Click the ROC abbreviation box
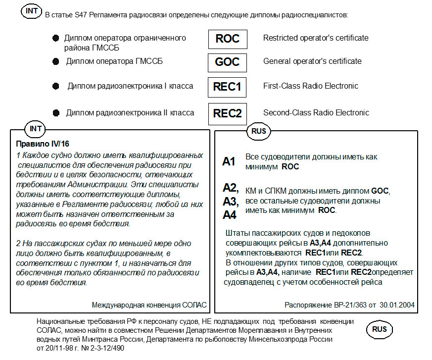(x=227, y=39)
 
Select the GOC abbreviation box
(x=227, y=62)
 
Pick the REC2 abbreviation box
(x=227, y=113)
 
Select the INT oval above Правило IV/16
(x=36, y=129)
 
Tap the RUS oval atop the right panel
(x=259, y=131)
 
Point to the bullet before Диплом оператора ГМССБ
(x=55, y=61)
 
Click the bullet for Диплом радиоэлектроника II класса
(x=55, y=113)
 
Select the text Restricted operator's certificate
(x=316, y=38)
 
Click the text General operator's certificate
(x=312, y=61)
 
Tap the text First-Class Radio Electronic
(x=310, y=86)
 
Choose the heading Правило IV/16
(x=43, y=144)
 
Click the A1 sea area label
(x=229, y=161)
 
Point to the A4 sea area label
(x=230, y=215)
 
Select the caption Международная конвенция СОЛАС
(x=149, y=305)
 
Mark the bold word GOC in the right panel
(x=380, y=191)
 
